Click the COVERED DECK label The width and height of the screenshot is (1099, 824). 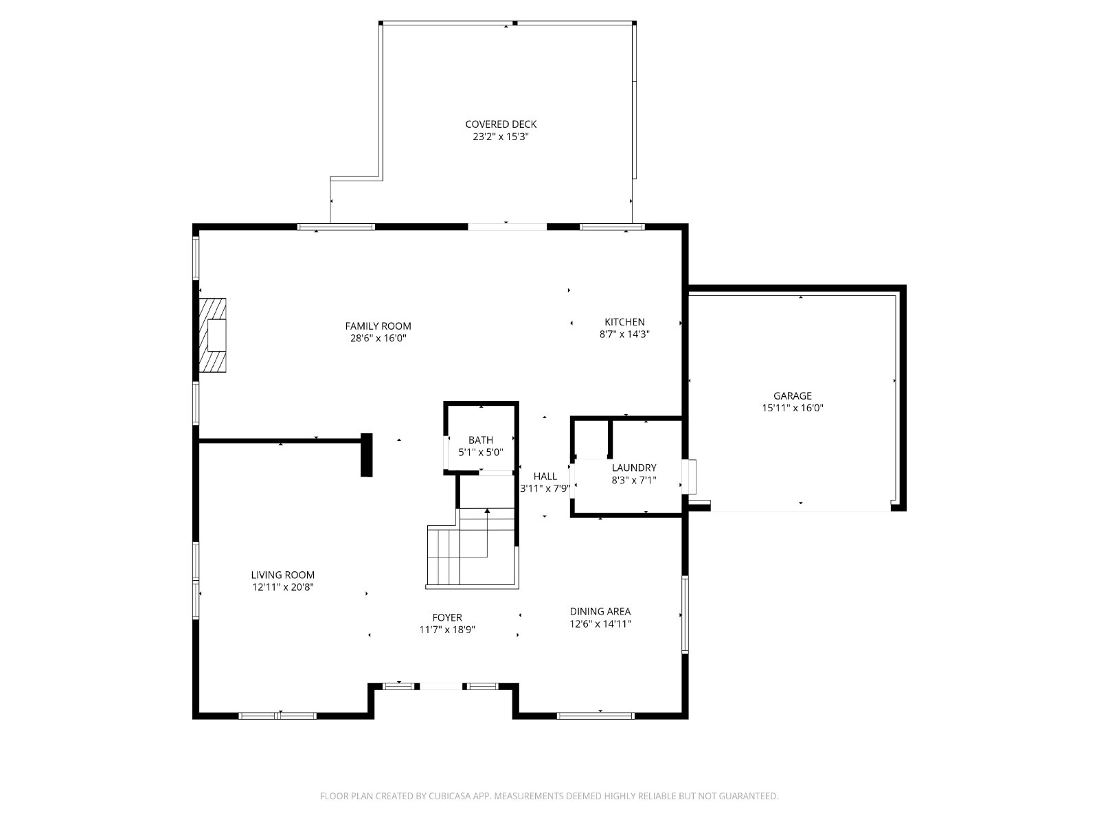(x=501, y=124)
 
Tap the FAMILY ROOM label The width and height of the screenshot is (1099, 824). (x=378, y=325)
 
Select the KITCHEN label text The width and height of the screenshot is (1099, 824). (x=624, y=321)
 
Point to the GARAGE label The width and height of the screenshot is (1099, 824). (x=792, y=396)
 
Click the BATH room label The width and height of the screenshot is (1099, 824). (x=481, y=439)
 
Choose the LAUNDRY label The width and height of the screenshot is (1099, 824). (x=634, y=468)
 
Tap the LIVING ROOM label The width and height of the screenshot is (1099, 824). (x=283, y=575)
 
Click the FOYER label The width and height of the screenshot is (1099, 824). (x=447, y=617)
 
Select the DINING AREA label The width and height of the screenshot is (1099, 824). (x=600, y=611)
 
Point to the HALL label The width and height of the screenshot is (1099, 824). (x=545, y=477)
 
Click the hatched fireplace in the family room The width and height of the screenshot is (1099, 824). (x=212, y=335)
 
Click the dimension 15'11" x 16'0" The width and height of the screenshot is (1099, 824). (x=793, y=408)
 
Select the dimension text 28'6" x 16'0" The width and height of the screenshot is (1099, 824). (x=378, y=339)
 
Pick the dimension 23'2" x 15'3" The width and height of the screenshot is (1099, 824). (x=501, y=137)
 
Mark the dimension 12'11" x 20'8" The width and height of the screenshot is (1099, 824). (x=283, y=587)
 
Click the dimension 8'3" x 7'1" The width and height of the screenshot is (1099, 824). (x=634, y=480)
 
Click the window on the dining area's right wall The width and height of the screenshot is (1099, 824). (x=685, y=615)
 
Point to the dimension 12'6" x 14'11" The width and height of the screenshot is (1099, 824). (x=600, y=623)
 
